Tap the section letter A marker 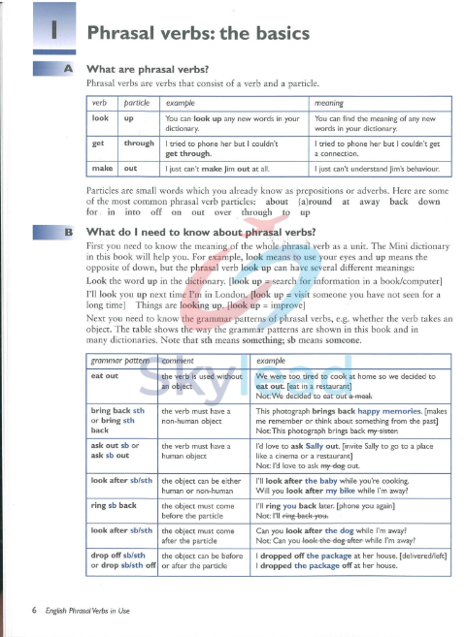(x=67, y=69)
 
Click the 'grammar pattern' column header (x=117, y=361)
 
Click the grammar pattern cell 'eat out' (x=105, y=374)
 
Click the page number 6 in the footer (x=34, y=610)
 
